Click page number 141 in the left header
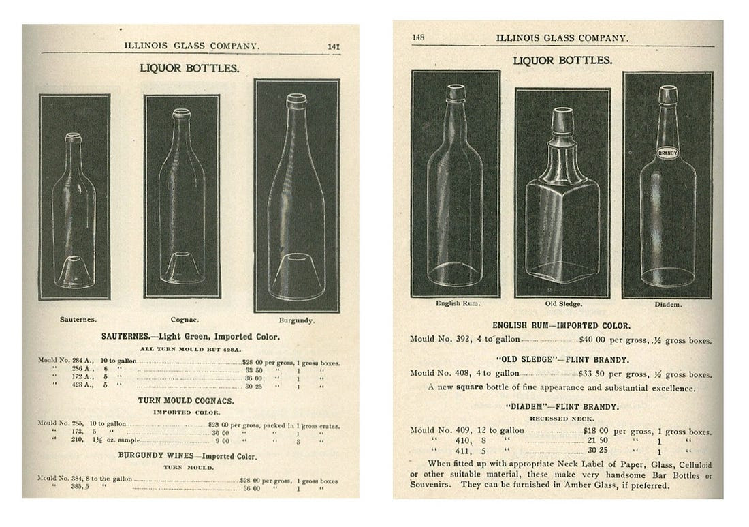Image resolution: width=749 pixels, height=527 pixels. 334,46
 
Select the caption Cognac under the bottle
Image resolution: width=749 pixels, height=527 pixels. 182,318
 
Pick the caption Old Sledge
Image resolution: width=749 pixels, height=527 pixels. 562,303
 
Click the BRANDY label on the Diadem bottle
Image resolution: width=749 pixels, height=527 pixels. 667,154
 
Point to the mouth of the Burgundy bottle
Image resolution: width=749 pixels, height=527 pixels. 296,100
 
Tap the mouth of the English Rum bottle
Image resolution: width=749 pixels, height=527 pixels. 455,92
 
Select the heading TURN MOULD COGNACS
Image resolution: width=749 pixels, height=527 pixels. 186,401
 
